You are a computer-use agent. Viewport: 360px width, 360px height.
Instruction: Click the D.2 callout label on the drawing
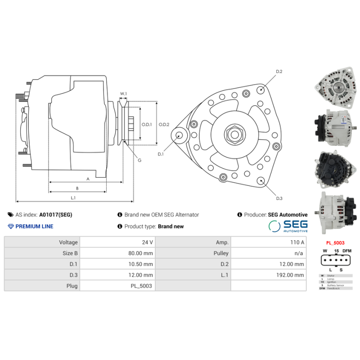[x=279, y=72]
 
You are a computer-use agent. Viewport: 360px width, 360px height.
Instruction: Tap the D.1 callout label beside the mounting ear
[x=161, y=154]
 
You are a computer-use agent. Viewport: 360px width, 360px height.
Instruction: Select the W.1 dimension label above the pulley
[x=123, y=94]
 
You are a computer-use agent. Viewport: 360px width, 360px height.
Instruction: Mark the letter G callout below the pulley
[x=139, y=160]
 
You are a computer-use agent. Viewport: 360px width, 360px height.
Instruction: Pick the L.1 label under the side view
[x=73, y=198]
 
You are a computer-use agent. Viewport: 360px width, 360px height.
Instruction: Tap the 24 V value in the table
[x=147, y=242]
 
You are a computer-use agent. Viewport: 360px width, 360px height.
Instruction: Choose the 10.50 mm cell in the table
[x=141, y=264]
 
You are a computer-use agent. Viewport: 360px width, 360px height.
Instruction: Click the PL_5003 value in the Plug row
[x=141, y=285]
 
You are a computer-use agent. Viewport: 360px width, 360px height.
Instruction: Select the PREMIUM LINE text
[x=34, y=226]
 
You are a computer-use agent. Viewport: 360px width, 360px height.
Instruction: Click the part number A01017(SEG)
[x=56, y=215]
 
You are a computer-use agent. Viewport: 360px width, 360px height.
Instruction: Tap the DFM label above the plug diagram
[x=347, y=251]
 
